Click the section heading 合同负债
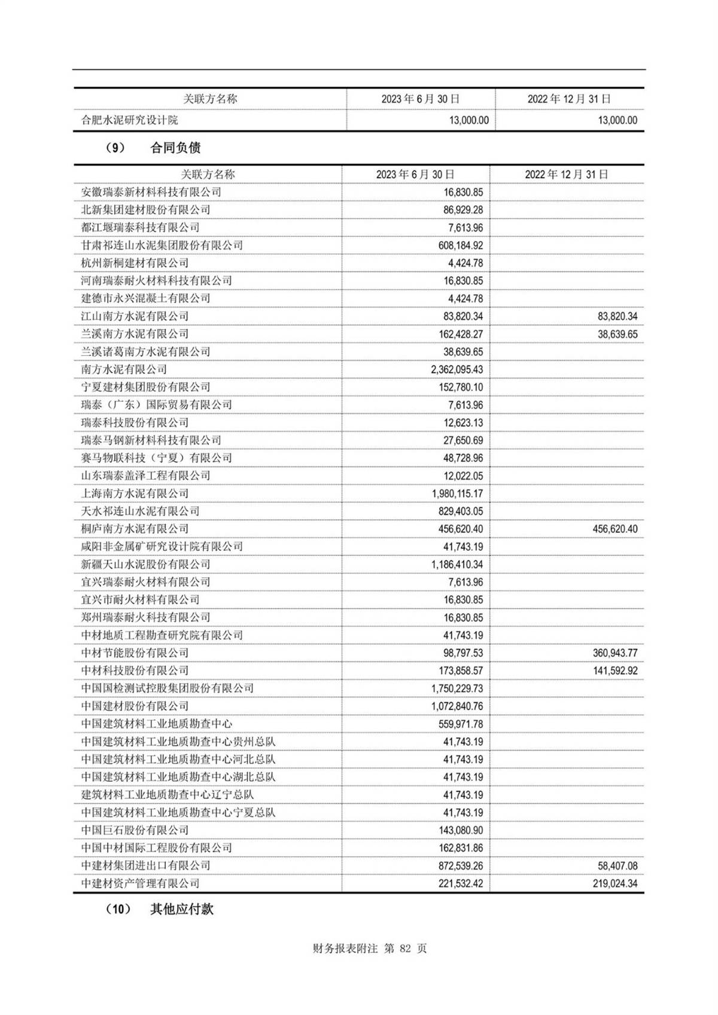(x=175, y=148)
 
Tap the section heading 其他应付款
(x=181, y=909)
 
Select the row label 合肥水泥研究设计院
(x=130, y=120)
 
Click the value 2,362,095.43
(x=457, y=370)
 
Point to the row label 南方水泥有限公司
(x=124, y=370)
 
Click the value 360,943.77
(x=615, y=653)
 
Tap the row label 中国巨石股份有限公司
(x=135, y=830)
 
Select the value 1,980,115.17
(x=457, y=493)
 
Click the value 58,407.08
(x=617, y=865)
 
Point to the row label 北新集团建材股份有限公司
(x=146, y=210)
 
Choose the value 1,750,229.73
(x=457, y=688)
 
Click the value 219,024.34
(x=615, y=883)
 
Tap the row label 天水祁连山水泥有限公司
(x=141, y=511)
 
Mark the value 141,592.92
(x=615, y=670)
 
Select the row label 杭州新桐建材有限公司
(x=135, y=263)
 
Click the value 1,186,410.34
(x=457, y=564)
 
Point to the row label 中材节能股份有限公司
(x=135, y=653)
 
